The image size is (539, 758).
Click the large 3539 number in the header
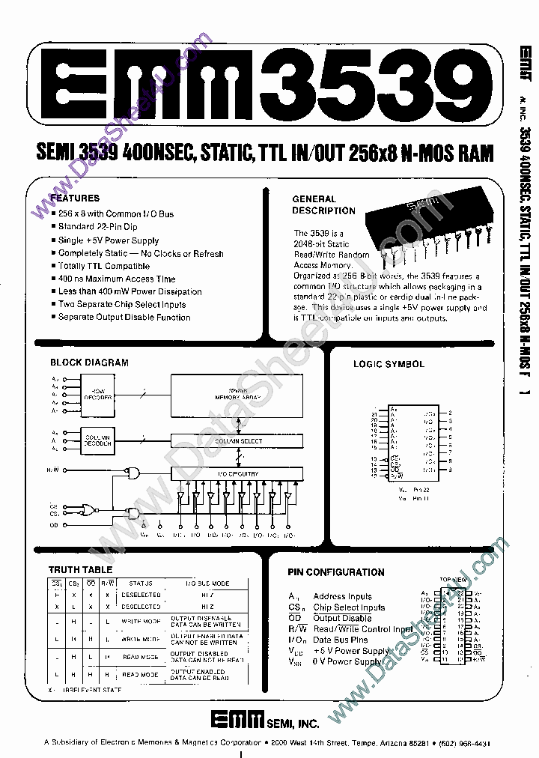(x=374, y=85)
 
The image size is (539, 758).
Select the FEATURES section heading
(x=75, y=198)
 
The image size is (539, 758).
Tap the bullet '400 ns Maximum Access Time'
(x=117, y=279)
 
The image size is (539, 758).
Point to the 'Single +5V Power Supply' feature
(x=109, y=240)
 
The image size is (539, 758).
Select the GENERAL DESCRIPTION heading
(x=314, y=204)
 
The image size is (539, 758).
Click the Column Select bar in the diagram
(x=239, y=441)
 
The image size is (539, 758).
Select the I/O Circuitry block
(x=239, y=473)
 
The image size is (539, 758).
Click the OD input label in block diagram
(x=55, y=525)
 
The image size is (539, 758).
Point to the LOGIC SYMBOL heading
(x=389, y=364)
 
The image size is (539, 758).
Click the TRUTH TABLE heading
(x=80, y=570)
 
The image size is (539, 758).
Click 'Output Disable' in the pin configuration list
(x=342, y=618)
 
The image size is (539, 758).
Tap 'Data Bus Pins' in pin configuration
(x=340, y=640)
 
